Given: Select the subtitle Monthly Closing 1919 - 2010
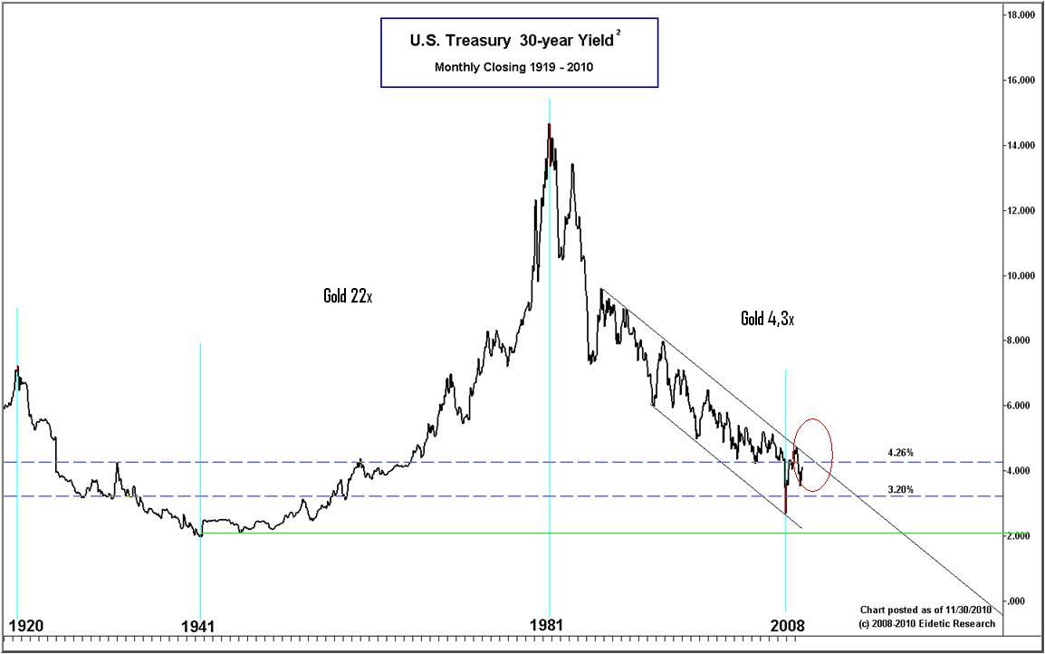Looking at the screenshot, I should coord(519,67).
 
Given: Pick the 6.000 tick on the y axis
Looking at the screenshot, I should coord(1026,407).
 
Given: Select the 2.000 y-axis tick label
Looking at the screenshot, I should coord(1026,537).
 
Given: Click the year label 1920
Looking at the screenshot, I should coord(25,626).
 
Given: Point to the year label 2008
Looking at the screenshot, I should coord(786,626).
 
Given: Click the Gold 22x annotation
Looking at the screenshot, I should coord(348,296).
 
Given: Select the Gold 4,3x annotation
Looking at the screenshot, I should coord(767,319).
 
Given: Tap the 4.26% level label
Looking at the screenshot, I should coord(900,452).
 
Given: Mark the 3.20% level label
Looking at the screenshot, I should coord(900,489).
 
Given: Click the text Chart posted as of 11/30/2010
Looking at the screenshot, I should coord(927,611).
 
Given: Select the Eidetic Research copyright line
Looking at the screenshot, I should coord(927,623).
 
